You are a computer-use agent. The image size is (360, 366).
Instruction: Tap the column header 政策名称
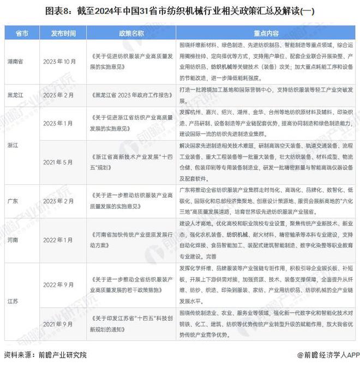coord(131,32)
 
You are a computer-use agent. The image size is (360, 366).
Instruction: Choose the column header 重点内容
coord(266,32)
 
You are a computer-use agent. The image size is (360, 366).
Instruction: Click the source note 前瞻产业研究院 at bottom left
coord(45,355)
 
